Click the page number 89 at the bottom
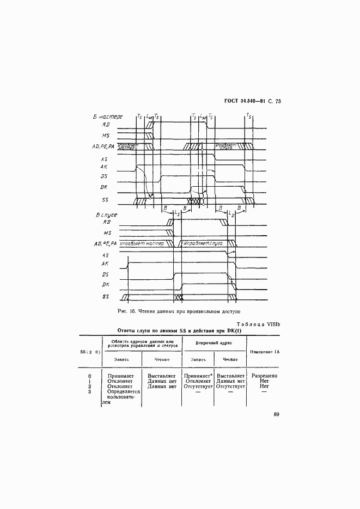276,415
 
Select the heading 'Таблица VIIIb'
258,323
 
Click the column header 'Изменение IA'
265,351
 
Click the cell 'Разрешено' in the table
265,376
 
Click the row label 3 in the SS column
90,391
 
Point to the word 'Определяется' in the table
124,391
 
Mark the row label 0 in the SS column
90,376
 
